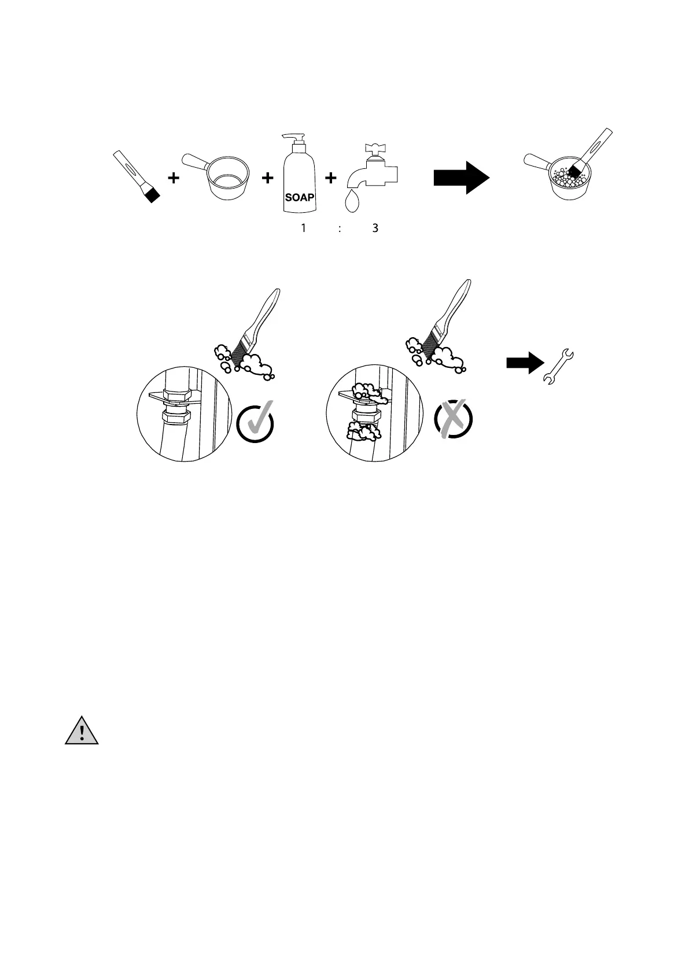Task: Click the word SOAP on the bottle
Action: (300, 197)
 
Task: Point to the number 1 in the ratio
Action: (303, 228)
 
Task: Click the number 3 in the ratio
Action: (375, 228)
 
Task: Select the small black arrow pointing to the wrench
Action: (525, 363)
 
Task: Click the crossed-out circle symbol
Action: (453, 419)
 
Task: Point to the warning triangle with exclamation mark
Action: (82, 732)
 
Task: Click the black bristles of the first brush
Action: (152, 195)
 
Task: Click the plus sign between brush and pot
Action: (173, 179)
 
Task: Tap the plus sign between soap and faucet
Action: (330, 179)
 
